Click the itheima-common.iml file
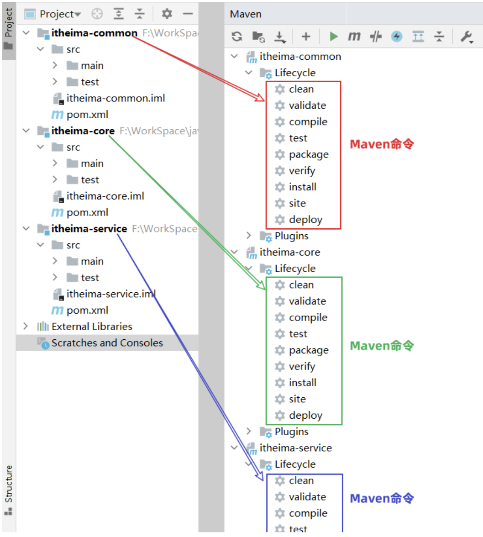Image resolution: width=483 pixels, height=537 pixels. coord(115,98)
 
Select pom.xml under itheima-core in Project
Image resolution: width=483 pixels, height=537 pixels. coord(87,212)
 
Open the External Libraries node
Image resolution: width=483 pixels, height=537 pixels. coord(91,326)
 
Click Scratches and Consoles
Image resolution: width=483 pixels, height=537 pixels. coord(107,343)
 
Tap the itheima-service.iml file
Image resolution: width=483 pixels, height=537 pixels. coord(111,294)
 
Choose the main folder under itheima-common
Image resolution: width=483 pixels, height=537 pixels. coord(92,66)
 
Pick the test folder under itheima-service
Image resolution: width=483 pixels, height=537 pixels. coord(89,278)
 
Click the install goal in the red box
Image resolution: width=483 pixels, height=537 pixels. coord(302,187)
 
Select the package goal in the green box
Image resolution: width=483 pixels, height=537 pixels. coord(308,350)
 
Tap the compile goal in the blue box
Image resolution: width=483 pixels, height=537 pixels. coord(308,513)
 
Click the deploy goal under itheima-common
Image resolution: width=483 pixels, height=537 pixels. coord(305,220)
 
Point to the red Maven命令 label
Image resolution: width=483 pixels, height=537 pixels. coord(382,144)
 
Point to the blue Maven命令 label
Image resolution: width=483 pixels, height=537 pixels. coord(382,498)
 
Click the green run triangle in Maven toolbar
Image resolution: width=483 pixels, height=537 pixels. coord(334,37)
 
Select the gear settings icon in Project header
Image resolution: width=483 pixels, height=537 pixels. coord(167,14)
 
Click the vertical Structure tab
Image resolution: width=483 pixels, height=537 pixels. coord(8,484)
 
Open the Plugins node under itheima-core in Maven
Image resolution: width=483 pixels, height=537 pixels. coord(291,432)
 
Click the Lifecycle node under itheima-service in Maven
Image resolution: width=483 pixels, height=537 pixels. coord(294,464)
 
